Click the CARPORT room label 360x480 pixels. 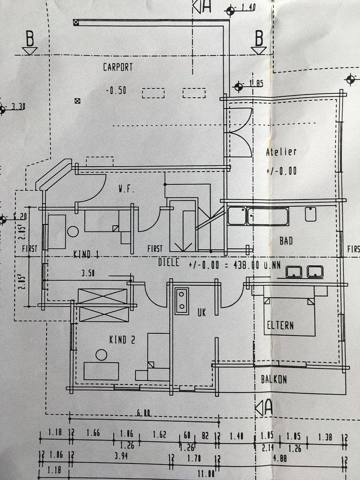point(118,67)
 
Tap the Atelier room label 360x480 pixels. point(281,152)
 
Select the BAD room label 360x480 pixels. point(286,241)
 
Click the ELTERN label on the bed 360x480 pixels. point(280,325)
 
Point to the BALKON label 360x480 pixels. point(273,380)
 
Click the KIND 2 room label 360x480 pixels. point(122,340)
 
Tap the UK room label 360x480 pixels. point(201,313)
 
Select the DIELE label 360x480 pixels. point(168,262)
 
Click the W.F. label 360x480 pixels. point(126,189)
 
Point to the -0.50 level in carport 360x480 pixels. point(116,90)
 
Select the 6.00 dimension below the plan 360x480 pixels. point(143,413)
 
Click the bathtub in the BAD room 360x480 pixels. point(268,216)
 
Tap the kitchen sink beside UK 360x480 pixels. point(182,301)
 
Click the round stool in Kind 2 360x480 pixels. point(102,355)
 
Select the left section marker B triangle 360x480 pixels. point(30,51)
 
